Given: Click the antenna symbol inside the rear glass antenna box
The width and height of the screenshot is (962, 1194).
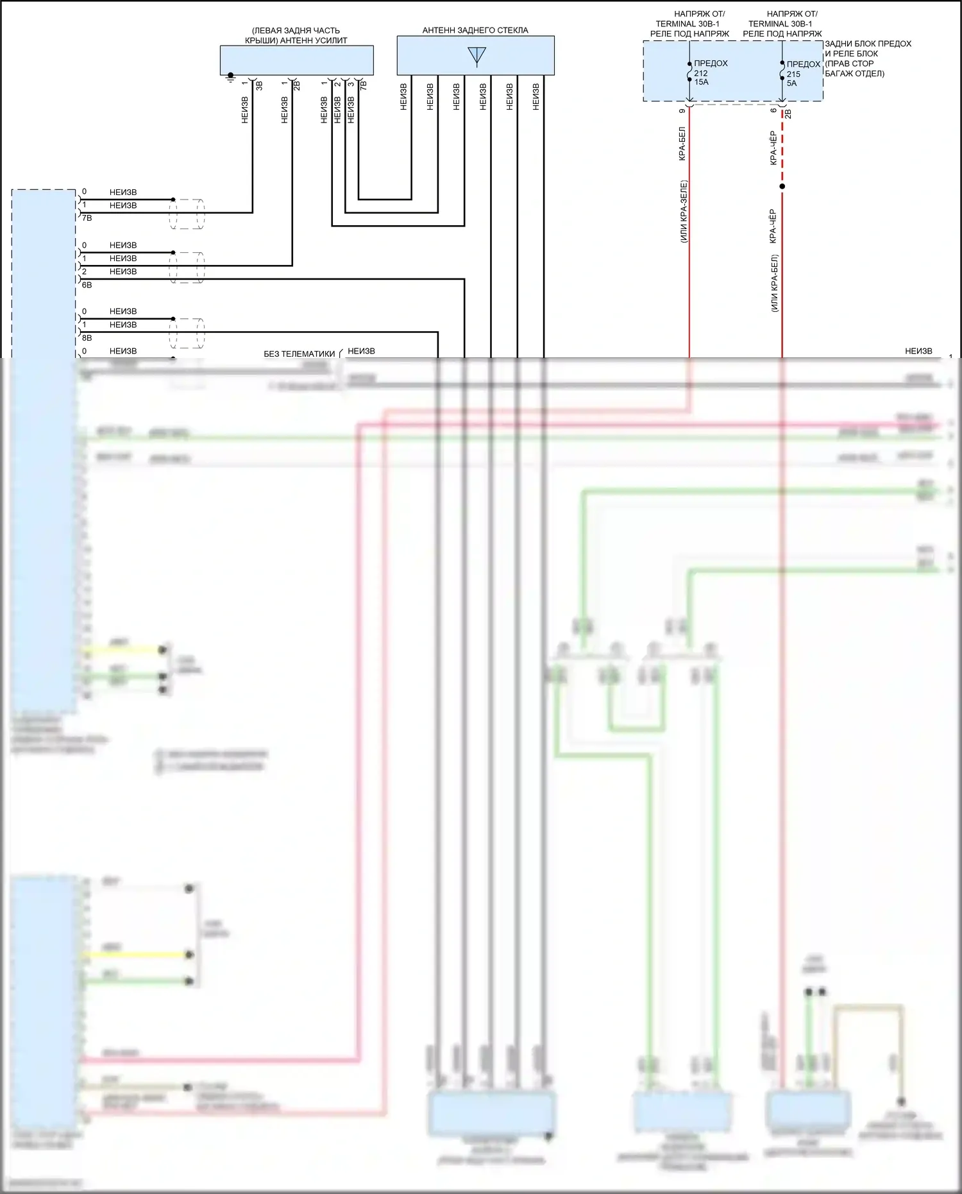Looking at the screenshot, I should [477, 56].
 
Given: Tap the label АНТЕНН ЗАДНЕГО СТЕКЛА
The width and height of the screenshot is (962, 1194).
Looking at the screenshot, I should [475, 30].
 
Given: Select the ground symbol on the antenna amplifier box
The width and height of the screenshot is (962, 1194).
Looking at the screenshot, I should [231, 78].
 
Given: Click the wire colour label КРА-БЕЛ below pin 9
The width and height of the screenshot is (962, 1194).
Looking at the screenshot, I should [682, 143].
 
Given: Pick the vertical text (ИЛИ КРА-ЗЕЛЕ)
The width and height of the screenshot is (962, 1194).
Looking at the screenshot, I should [684, 212].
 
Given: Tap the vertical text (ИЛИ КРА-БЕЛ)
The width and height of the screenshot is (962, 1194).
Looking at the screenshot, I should [774, 283].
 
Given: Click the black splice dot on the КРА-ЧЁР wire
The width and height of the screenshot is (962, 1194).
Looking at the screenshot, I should [782, 187].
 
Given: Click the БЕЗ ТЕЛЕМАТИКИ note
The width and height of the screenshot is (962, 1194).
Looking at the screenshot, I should [300, 354].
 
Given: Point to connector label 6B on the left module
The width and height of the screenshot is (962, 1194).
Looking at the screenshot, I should [87, 285].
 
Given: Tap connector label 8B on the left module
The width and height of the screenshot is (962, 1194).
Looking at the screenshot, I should [87, 338].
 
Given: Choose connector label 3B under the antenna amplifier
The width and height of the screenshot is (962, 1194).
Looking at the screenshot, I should [260, 85].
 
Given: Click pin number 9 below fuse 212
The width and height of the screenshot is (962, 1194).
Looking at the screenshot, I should [682, 110].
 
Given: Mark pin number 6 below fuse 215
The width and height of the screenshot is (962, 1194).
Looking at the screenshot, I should [774, 110].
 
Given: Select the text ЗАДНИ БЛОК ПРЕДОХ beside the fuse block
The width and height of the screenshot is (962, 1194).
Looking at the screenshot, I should [868, 44].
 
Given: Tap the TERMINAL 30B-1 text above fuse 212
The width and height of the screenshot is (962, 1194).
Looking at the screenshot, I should [688, 24].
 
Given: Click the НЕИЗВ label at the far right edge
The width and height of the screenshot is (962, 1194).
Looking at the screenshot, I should [918, 351].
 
